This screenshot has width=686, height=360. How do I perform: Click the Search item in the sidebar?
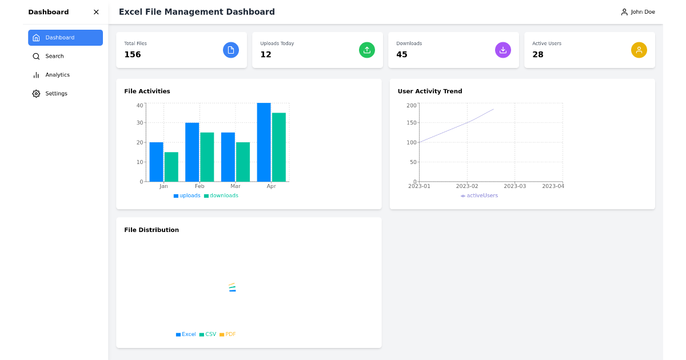pyautogui.click(x=54, y=56)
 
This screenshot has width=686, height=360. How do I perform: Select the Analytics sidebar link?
pyautogui.click(x=57, y=75)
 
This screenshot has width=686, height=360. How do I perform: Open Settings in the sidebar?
pyautogui.click(x=56, y=94)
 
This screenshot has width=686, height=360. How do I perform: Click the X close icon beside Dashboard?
pyautogui.click(x=96, y=12)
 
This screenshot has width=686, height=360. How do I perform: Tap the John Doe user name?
pyautogui.click(x=643, y=12)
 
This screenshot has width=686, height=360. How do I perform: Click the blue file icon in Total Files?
pyautogui.click(x=231, y=50)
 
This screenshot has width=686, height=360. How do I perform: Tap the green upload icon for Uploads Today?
pyautogui.click(x=367, y=50)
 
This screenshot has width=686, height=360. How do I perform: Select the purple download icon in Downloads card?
pyautogui.click(x=503, y=50)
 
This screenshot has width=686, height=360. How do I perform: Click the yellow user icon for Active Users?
pyautogui.click(x=639, y=50)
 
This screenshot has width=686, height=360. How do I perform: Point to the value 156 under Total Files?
pyautogui.click(x=133, y=55)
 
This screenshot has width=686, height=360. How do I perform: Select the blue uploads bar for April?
pyautogui.click(x=264, y=142)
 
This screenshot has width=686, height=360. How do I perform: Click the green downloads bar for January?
pyautogui.click(x=171, y=167)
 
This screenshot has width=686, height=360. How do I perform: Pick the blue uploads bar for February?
pyautogui.click(x=192, y=152)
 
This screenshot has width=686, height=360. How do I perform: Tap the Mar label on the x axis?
pyautogui.click(x=236, y=186)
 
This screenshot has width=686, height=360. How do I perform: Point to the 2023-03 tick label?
pyautogui.click(x=514, y=186)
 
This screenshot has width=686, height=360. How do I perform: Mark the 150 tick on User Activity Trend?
pyautogui.click(x=411, y=123)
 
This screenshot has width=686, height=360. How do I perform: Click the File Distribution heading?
pyautogui.click(x=151, y=230)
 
